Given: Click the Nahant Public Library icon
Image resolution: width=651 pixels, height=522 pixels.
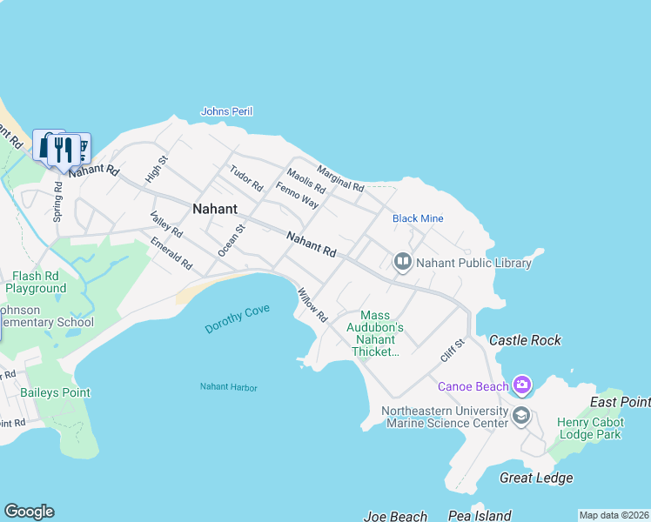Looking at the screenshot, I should (x=402, y=261).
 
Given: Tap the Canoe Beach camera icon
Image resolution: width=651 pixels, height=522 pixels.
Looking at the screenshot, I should (x=521, y=384).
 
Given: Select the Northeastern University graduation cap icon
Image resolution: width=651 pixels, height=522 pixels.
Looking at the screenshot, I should (x=521, y=414).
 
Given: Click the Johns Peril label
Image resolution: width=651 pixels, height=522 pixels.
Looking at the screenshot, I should (x=226, y=111).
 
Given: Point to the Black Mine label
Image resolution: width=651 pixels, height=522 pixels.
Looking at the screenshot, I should (x=419, y=218).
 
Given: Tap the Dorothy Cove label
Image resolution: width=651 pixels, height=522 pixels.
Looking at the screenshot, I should (x=238, y=319).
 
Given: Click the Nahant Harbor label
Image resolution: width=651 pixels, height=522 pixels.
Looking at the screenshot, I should (x=229, y=387).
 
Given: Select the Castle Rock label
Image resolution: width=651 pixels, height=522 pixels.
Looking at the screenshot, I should (x=526, y=340).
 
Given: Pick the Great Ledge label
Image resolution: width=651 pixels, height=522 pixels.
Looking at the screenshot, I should (x=536, y=478).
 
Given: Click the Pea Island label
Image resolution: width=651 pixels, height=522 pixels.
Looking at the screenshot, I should (x=480, y=516).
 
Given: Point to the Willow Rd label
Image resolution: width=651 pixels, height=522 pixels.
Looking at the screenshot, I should (x=312, y=305).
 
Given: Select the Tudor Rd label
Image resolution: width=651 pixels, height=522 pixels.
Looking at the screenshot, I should (x=246, y=178).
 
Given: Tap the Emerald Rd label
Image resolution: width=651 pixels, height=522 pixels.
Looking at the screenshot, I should (x=171, y=252).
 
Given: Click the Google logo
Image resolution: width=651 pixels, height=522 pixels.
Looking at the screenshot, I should (x=29, y=512).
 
